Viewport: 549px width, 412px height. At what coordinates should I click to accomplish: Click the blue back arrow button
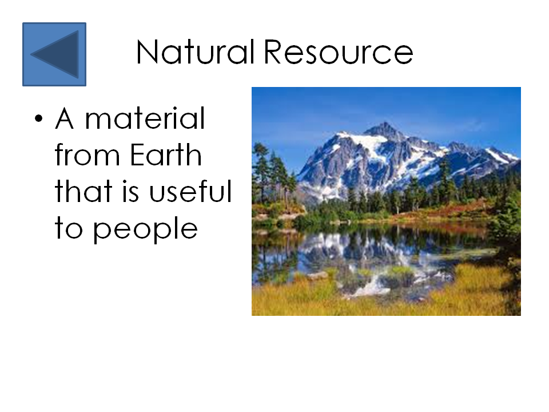pyautogui.click(x=54, y=54)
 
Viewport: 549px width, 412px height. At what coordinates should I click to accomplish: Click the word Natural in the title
pyautogui.click(x=195, y=53)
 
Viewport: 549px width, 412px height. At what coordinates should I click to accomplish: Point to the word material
pyautogui.click(x=145, y=119)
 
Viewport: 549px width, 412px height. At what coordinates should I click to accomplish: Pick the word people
pyautogui.click(x=145, y=229)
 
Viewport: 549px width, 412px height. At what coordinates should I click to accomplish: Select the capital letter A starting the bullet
pyautogui.click(x=65, y=119)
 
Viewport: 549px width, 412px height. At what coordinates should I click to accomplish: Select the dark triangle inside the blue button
pyautogui.click(x=58, y=54)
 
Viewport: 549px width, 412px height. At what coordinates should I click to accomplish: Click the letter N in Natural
pyautogui.click(x=147, y=53)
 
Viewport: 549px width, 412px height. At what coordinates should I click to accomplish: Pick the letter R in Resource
pyautogui.click(x=275, y=53)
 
